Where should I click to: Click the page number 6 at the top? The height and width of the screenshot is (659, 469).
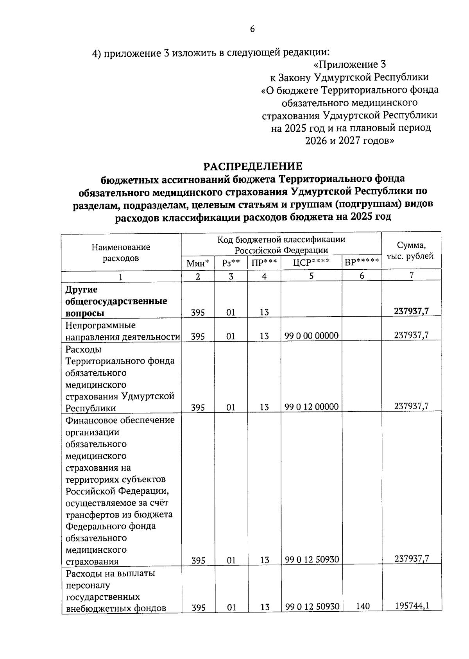pyautogui.click(x=252, y=29)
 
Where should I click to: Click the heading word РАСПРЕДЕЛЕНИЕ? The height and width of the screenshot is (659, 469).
pyautogui.click(x=253, y=166)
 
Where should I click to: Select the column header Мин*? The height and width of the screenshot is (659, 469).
pyautogui.click(x=198, y=263)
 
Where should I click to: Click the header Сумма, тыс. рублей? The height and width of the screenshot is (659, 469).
pyautogui.click(x=410, y=251)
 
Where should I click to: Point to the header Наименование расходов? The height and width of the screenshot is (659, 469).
pyautogui.click(x=121, y=252)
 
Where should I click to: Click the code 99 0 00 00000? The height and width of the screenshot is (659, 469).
pyautogui.click(x=311, y=336)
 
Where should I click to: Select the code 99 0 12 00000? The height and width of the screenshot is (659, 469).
pyautogui.click(x=311, y=407)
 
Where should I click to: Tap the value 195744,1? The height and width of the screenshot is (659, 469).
pyautogui.click(x=411, y=606)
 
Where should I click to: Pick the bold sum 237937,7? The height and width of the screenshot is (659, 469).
pyautogui.click(x=411, y=311)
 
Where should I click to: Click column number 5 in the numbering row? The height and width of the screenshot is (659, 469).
pyautogui.click(x=311, y=276)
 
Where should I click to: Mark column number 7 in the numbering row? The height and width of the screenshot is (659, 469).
pyautogui.click(x=411, y=275)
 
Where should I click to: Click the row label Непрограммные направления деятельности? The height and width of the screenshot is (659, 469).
pyautogui.click(x=122, y=331)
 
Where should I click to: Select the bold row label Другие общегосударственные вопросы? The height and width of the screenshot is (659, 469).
pyautogui.click(x=116, y=301)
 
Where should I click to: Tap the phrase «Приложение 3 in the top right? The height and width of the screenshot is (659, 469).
pyautogui.click(x=350, y=64)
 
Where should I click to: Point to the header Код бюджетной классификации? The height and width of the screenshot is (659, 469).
pyautogui.click(x=281, y=239)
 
